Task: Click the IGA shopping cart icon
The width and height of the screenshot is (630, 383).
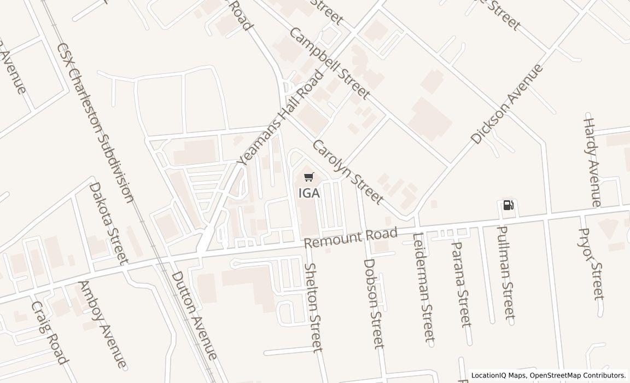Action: point(309,177)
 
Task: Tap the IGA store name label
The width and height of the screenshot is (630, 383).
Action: point(309,193)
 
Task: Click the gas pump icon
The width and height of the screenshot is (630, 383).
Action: point(508,205)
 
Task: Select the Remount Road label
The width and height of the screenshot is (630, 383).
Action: point(351,238)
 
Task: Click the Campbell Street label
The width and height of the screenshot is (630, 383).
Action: point(330,63)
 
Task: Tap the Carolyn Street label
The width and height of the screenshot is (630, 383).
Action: point(347,172)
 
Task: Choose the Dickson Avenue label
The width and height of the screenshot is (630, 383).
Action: point(507,105)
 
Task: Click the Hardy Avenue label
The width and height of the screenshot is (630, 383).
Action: point(592,162)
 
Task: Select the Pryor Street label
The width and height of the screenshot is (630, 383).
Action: point(592,264)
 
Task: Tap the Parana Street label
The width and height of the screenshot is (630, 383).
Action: point(460,283)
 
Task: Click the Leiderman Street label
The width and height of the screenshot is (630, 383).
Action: point(423,287)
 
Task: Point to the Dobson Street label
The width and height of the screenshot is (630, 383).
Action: point(374,303)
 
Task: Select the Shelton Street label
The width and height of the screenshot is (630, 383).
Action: point(313,307)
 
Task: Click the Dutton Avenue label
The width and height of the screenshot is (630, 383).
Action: point(194,316)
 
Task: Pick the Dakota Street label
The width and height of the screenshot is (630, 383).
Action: point(108,223)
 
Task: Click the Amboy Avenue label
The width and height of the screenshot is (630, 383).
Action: point(103,324)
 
